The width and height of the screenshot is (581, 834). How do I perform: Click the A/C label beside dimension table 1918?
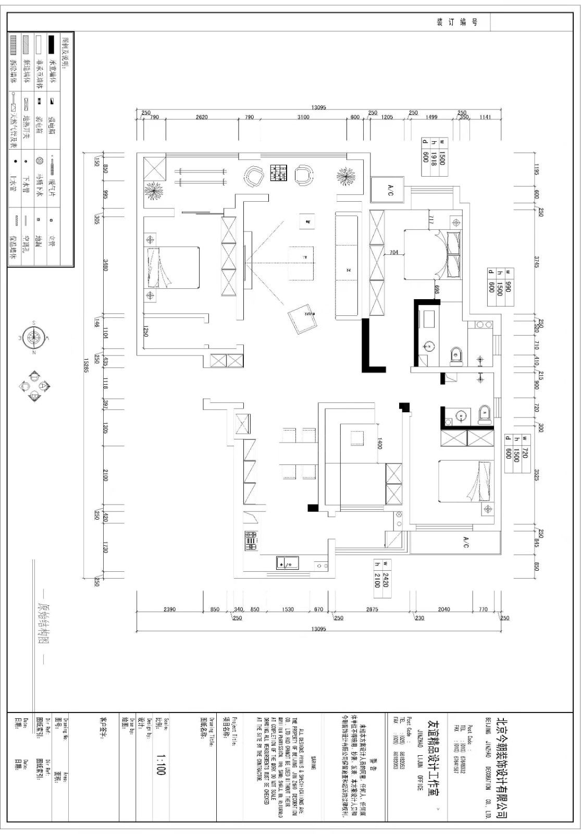click(390, 190)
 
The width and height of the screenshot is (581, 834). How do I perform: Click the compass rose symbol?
click(34, 338)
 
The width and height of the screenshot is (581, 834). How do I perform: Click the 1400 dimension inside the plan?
click(380, 444)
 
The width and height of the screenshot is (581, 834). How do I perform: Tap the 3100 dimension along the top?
click(303, 117)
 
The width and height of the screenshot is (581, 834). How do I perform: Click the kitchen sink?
click(287, 563)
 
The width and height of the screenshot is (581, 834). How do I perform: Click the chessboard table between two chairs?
click(278, 174)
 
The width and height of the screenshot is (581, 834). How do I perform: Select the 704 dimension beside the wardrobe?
click(393, 253)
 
